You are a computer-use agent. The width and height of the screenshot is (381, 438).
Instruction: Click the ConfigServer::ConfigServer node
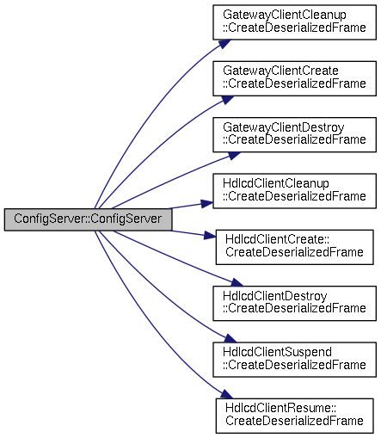point(88,219)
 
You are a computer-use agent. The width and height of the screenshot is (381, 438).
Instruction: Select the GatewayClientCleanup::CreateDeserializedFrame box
point(294,22)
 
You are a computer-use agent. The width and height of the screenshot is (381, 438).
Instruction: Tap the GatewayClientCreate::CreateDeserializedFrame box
point(294,78)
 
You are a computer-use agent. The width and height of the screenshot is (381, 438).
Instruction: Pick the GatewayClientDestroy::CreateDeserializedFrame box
point(294,135)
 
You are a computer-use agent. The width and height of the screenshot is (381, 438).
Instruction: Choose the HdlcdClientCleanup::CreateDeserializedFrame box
point(294,191)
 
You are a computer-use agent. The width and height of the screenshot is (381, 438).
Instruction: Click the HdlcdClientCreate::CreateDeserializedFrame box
point(295,247)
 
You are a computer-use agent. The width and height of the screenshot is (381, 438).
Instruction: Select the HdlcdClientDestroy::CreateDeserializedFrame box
point(294,304)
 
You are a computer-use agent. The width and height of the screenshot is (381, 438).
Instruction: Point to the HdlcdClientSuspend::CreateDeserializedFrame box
point(294,360)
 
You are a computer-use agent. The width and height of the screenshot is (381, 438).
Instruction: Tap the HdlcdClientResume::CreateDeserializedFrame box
point(295,416)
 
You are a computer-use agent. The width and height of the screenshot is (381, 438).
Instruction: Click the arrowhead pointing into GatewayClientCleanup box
point(224,44)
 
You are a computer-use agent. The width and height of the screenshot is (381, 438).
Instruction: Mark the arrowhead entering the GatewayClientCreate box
point(227,100)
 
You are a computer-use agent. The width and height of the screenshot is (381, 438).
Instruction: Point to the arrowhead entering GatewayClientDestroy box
point(234,156)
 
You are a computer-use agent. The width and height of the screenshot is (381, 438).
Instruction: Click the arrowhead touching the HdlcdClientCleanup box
point(207,203)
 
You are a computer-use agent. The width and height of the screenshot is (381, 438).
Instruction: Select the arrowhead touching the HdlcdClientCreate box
point(210,236)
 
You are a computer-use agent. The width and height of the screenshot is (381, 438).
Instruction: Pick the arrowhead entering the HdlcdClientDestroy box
point(237,282)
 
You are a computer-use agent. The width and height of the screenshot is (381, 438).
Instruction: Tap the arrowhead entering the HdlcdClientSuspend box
point(230,338)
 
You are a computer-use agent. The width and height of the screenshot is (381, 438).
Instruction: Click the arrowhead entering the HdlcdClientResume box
point(227,394)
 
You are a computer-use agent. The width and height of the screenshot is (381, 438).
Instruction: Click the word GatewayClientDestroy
point(284,127)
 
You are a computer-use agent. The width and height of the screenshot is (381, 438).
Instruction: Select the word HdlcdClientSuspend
point(277,352)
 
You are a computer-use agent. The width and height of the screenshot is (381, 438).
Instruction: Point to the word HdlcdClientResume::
point(280,409)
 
